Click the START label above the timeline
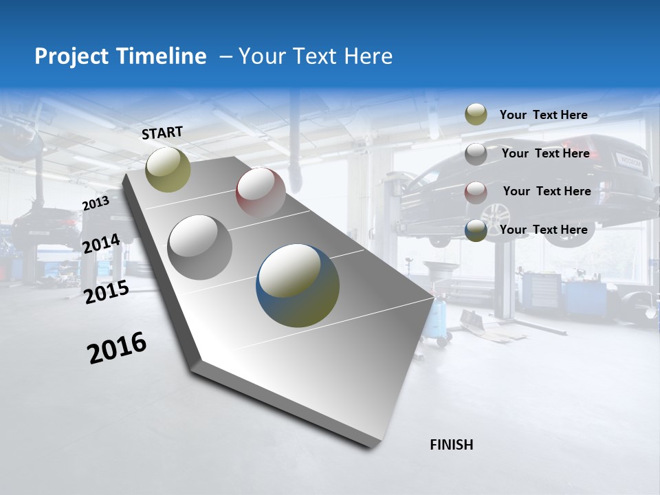tap(162, 133)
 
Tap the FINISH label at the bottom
tap(451, 445)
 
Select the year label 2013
tap(96, 203)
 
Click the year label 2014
tap(101, 244)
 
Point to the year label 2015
tap(106, 292)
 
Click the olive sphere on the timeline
tap(168, 169)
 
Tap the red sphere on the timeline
tap(261, 192)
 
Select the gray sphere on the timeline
tap(200, 247)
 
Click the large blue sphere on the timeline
tap(298, 285)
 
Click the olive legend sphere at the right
tap(476, 115)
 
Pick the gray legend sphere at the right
tap(476, 153)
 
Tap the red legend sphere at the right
tap(476, 192)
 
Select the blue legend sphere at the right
tap(476, 230)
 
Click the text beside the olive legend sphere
tap(543, 115)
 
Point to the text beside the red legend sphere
tap(547, 191)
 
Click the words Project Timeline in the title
tap(120, 56)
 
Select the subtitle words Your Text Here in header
tap(315, 56)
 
